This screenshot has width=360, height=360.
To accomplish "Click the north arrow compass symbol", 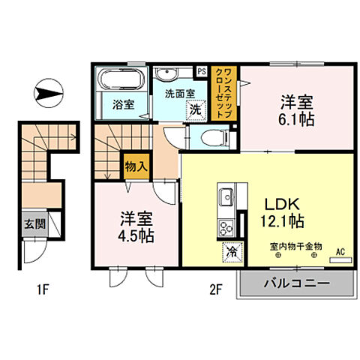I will point(49,93).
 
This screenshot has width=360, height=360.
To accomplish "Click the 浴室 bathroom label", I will point(124,104).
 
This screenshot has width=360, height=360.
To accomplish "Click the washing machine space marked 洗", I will point(195,109).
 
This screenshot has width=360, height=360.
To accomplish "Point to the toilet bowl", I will point(212,136).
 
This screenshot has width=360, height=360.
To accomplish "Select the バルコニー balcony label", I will point(296,284).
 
